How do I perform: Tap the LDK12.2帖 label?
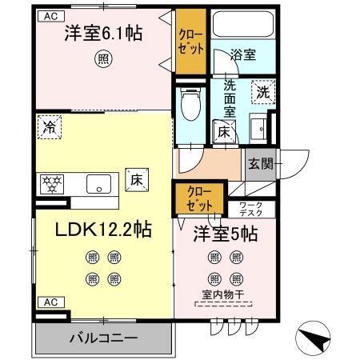pyautogui.click(x=103, y=229)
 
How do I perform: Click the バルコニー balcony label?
pyautogui.click(x=102, y=337)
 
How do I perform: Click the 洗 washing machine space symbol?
pyautogui.click(x=263, y=92)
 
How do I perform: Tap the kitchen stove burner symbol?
pyautogui.click(x=53, y=183)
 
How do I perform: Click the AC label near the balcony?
pyautogui.click(x=50, y=302)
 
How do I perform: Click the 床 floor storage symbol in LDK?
pyautogui.click(x=137, y=179)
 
